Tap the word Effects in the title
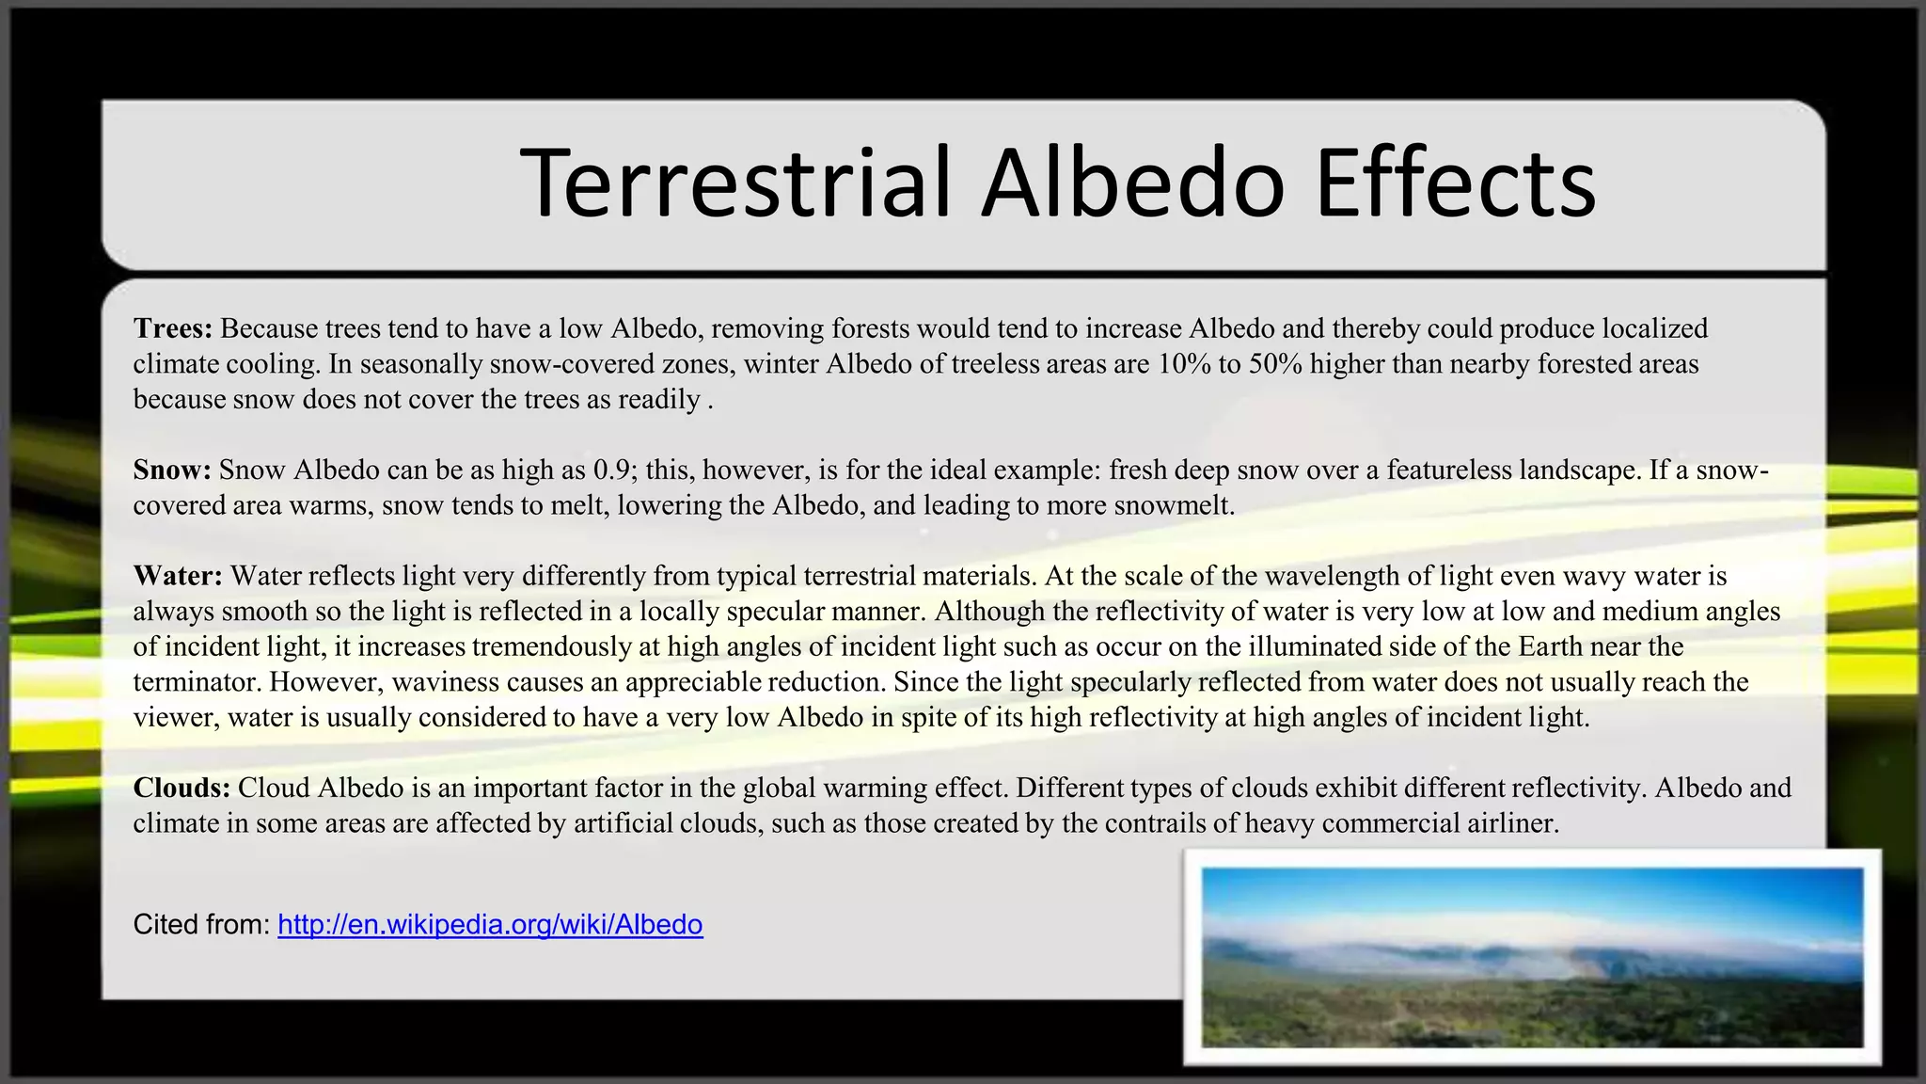pos(1455,183)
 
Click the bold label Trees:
pos(173,328)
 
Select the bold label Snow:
pos(172,470)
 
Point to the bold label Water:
pos(178,576)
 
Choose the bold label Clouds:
pos(182,788)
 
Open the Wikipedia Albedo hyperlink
pos(490,925)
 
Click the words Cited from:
pos(201,925)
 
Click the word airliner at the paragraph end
pos(1512,823)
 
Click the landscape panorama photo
pos(1532,957)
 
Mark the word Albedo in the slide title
pos(1132,183)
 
